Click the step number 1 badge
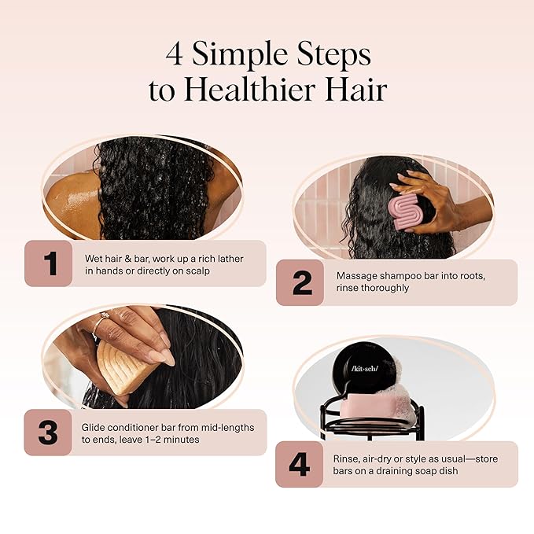pos(48,263)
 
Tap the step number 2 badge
pos(300,282)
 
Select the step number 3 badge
pos(48,433)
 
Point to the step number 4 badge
pos(300,464)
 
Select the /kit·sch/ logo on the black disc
pos(365,369)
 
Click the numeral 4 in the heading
pos(175,54)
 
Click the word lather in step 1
pos(230,259)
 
